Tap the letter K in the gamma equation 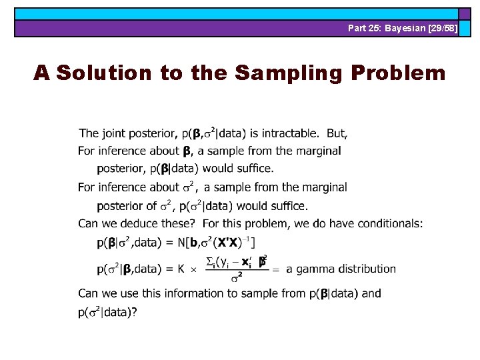pos(181,269)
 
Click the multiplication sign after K pos(193,270)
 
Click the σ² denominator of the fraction pos(236,278)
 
